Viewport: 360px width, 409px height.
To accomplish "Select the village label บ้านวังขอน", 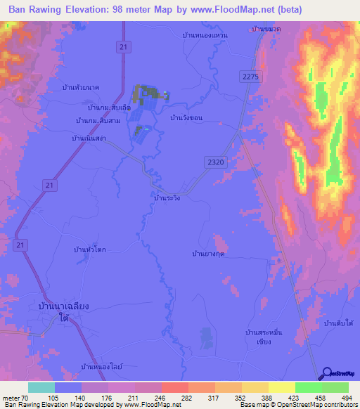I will pyautogui.click(x=186, y=118).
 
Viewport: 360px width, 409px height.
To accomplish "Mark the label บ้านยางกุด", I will pyautogui.click(x=208, y=252).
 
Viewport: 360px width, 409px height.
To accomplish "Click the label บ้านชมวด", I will pyautogui.click(x=265, y=29).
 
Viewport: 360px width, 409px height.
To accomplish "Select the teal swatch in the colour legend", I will pyautogui.click(x=41, y=387).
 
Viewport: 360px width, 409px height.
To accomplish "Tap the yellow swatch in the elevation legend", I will pyautogui.click(x=282, y=387).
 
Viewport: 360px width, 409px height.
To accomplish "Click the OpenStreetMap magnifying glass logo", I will pyautogui.click(x=328, y=373).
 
